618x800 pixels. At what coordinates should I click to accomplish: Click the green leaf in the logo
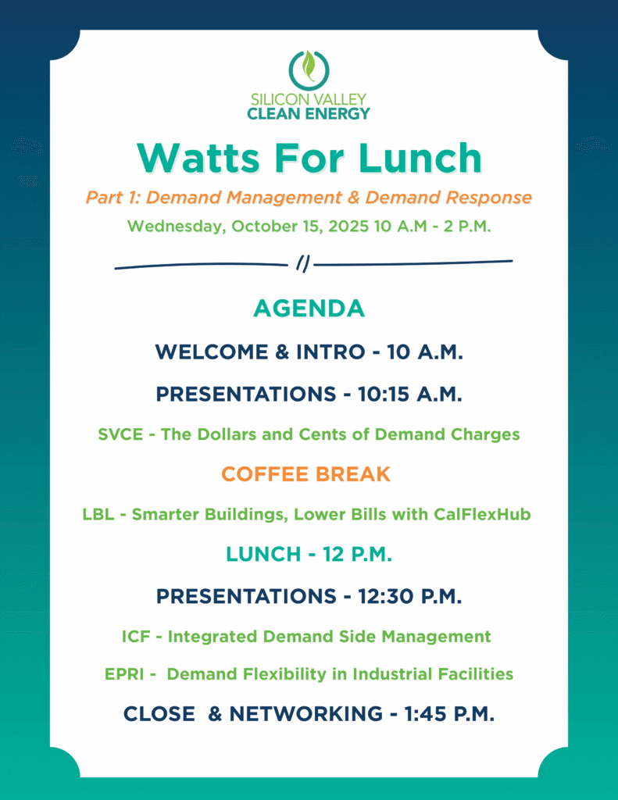point(309,66)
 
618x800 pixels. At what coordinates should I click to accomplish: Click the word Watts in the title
point(198,158)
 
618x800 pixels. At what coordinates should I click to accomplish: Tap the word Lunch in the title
point(420,158)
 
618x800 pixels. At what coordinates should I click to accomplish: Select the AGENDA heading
point(309,308)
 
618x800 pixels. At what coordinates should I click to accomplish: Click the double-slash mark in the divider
point(303,264)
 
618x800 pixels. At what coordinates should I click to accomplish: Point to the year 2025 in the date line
point(348,226)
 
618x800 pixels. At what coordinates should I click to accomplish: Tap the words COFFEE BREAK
point(305,474)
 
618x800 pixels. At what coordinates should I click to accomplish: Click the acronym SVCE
point(120,434)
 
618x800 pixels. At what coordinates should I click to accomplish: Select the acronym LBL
point(98,514)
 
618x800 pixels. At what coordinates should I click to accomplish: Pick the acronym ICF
point(136,637)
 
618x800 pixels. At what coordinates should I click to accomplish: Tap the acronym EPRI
point(124,674)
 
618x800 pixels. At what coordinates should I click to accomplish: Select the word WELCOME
point(212,352)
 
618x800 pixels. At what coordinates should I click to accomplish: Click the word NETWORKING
point(305,714)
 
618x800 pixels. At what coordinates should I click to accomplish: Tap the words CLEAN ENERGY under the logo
point(309,113)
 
